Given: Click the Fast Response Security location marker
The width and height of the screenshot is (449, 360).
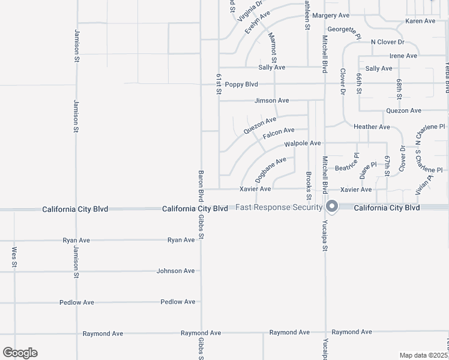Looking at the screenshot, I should [332, 207].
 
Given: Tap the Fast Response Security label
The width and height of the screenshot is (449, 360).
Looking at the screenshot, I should [279, 208].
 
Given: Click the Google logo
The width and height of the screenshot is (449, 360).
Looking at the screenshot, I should [20, 353].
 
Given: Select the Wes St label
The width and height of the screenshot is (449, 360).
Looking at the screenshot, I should [14, 256].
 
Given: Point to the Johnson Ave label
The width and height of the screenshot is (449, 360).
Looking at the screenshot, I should [175, 271].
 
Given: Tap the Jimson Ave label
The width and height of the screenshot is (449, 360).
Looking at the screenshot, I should [271, 100].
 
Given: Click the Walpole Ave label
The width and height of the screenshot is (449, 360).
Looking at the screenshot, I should [303, 144].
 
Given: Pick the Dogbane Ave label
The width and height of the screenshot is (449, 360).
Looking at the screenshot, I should [270, 170].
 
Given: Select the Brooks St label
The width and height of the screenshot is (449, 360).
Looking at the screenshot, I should [309, 186].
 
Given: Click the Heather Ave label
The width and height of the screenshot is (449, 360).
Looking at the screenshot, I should [372, 127].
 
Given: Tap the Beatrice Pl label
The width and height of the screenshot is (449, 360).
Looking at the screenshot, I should [346, 168].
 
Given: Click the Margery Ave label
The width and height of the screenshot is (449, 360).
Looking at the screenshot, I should [331, 15].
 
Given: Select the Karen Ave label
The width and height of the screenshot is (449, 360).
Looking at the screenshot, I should [420, 21].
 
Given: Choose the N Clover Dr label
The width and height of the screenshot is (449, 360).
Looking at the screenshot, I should [387, 42].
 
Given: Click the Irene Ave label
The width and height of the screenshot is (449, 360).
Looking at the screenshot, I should [403, 56].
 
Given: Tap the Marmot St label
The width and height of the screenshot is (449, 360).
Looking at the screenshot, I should [273, 48].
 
